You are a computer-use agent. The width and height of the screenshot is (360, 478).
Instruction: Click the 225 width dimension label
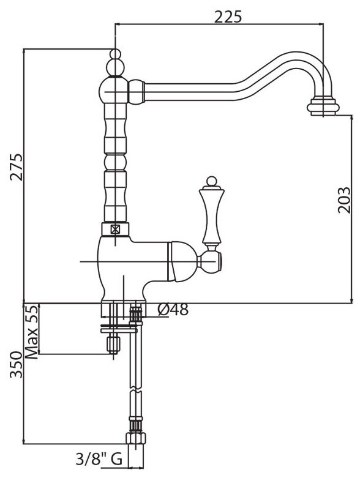[x=228, y=17]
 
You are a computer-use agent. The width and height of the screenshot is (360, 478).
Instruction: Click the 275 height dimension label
[x=16, y=167]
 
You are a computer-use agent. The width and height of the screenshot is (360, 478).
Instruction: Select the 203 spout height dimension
[x=344, y=200]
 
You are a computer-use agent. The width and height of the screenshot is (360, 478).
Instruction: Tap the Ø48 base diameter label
[x=173, y=310]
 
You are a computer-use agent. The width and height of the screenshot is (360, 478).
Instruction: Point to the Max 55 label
[x=31, y=332]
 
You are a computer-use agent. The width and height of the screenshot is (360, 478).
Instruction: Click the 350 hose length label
[x=16, y=365]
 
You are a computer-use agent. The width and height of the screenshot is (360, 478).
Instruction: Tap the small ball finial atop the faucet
[x=115, y=54]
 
